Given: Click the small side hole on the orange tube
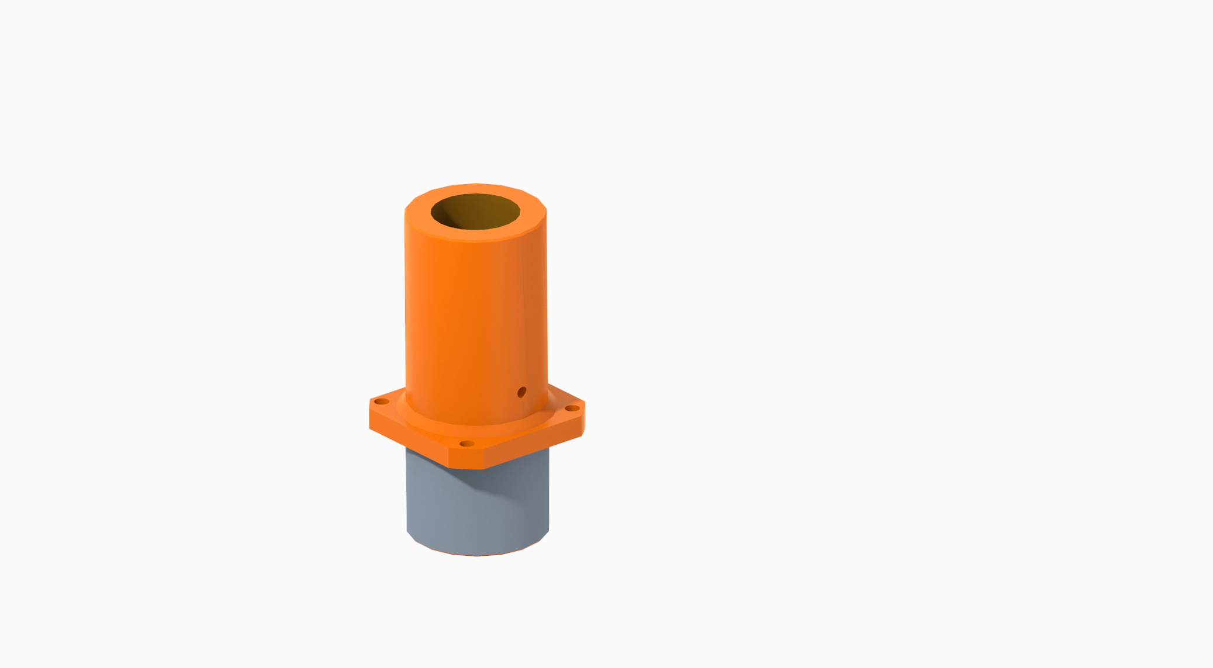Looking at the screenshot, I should pyautogui.click(x=522, y=392).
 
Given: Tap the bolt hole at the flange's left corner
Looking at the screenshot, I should pyautogui.click(x=381, y=402).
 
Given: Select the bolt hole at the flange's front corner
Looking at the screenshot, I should pyautogui.click(x=466, y=444).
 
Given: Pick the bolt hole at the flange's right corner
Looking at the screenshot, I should pyautogui.click(x=572, y=408).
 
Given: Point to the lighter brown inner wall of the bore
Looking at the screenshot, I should pyautogui.click(x=491, y=210).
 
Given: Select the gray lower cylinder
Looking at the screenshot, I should pyautogui.click(x=444, y=508).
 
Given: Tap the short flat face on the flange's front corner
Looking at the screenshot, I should pyautogui.click(x=466, y=459).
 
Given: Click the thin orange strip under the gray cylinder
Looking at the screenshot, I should pyautogui.click(x=476, y=555).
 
